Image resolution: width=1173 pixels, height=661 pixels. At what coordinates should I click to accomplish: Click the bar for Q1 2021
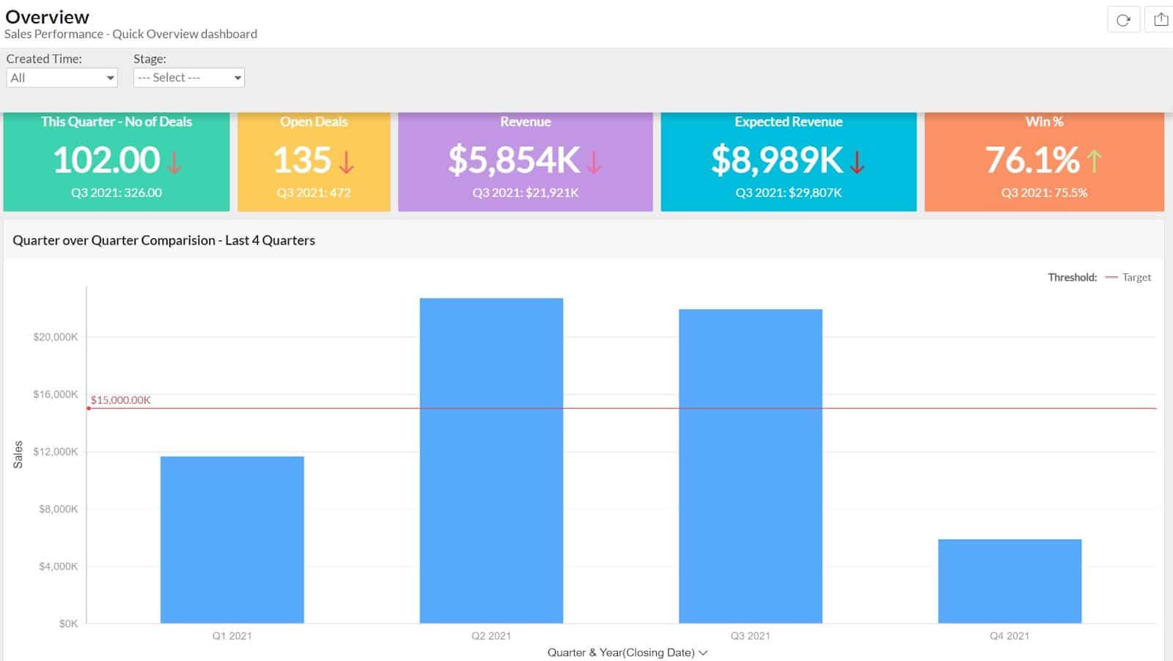click(232, 539)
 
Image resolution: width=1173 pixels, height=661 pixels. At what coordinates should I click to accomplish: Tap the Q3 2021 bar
click(750, 466)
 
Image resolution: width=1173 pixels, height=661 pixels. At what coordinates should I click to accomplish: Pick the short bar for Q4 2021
click(1010, 581)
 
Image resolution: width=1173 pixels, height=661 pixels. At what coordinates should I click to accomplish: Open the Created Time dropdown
click(62, 78)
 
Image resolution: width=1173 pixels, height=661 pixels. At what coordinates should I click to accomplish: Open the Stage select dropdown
click(188, 78)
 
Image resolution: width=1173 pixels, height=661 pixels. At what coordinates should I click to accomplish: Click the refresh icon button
click(1123, 20)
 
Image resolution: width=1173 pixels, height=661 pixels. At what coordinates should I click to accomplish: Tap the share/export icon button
click(1161, 20)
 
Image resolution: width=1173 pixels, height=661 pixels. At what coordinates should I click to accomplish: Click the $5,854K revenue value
click(514, 160)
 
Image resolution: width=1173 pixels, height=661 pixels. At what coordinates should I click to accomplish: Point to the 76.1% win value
click(1032, 160)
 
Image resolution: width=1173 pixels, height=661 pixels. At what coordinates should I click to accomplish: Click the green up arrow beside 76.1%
click(1094, 160)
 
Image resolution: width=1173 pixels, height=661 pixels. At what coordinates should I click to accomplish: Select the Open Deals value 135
click(302, 160)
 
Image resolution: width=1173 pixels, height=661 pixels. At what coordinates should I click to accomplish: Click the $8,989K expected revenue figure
click(776, 160)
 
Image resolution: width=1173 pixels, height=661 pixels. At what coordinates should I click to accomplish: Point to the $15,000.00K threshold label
click(121, 400)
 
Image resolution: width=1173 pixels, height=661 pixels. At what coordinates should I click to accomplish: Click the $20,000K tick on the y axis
click(56, 337)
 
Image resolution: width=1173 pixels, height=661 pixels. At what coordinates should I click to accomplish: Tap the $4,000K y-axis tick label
click(58, 566)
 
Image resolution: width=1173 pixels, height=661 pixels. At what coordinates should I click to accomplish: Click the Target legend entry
click(1136, 277)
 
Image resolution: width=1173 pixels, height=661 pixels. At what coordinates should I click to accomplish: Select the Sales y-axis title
click(18, 454)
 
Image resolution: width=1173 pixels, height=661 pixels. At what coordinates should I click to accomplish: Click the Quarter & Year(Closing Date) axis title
click(621, 652)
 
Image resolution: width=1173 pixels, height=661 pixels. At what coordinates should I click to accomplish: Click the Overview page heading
click(48, 17)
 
